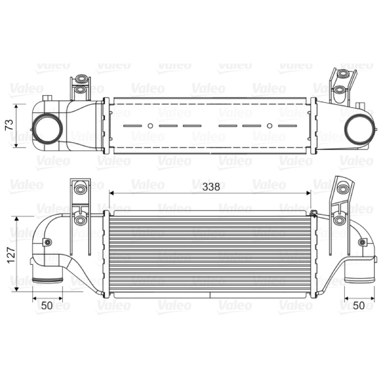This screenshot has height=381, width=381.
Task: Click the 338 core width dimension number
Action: point(211,187)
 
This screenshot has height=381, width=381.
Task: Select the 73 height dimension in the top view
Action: point(10,125)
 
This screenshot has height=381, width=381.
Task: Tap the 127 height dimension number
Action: point(10,255)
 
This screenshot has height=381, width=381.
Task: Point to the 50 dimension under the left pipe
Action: point(47,305)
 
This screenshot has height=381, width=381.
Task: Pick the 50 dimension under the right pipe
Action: point(359,305)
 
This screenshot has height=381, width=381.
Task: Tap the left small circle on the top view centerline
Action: point(150,126)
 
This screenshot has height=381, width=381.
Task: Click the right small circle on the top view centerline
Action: point(269,126)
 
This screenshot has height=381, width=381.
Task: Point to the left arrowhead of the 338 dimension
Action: point(112,193)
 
